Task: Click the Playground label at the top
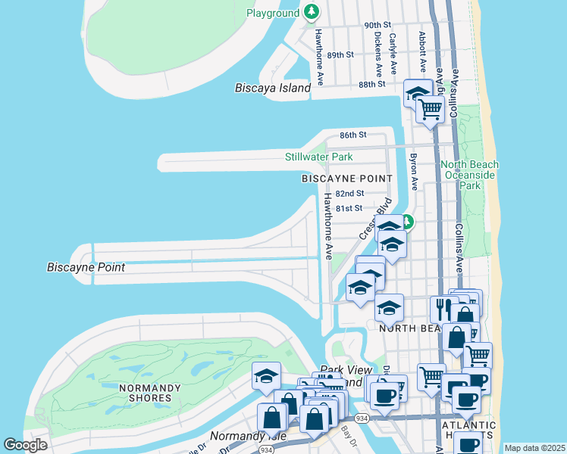tap(273, 14)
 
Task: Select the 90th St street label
tap(377, 25)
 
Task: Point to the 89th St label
tap(341, 54)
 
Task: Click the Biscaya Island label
tap(273, 88)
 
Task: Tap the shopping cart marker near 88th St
tap(431, 110)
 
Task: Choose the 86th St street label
tap(352, 135)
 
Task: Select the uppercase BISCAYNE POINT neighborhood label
tap(347, 179)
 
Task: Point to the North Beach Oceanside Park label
tap(471, 175)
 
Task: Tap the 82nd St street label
tap(349, 194)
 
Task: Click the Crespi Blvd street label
tap(375, 219)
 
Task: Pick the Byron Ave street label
tap(414, 172)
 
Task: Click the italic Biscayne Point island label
tap(86, 267)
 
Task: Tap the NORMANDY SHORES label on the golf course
tap(149, 393)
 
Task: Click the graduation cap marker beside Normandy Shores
tap(267, 376)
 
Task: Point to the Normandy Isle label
tap(237, 437)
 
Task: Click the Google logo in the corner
tap(25, 445)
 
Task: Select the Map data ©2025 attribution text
tap(534, 448)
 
